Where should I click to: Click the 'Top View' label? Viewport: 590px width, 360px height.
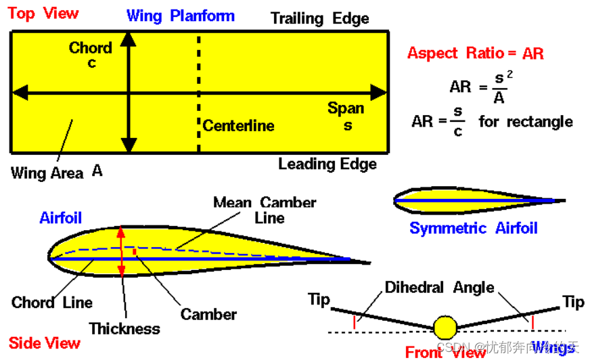(x=43, y=14)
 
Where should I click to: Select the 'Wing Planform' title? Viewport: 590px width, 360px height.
(x=181, y=16)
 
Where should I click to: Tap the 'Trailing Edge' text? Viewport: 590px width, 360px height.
(x=320, y=18)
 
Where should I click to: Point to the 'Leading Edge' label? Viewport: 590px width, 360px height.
(x=327, y=164)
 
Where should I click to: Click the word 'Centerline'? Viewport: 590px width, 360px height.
(x=239, y=125)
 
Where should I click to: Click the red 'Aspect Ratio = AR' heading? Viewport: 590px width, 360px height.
(x=475, y=53)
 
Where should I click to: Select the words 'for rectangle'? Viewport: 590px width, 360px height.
(x=526, y=122)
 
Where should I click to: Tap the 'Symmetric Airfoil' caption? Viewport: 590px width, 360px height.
(x=473, y=228)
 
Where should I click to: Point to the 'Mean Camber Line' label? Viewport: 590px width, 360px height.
(x=265, y=210)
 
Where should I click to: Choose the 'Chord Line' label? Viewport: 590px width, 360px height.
(x=52, y=302)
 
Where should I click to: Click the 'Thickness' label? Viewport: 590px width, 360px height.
(x=124, y=329)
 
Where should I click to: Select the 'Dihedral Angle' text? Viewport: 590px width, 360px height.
(x=440, y=288)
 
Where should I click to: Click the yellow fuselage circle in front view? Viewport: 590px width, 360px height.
(x=445, y=328)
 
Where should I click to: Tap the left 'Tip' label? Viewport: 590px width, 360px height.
(x=319, y=299)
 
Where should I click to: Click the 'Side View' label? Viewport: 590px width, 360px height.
(x=45, y=343)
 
